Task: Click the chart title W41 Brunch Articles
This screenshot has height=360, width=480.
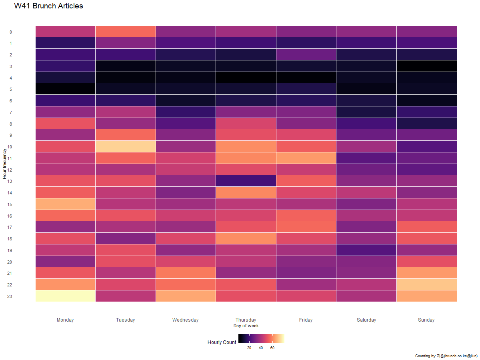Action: tap(48, 6)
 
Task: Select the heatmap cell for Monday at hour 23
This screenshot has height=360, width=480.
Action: tap(65, 296)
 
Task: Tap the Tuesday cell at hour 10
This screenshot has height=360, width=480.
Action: tap(126, 146)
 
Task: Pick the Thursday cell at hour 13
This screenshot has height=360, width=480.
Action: tap(246, 181)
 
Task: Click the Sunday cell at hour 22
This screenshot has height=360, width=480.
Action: tap(426, 284)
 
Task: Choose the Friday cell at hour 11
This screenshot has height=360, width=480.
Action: tap(306, 158)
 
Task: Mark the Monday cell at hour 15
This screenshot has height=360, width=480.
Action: tap(65, 204)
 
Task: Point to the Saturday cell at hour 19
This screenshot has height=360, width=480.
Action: tap(366, 250)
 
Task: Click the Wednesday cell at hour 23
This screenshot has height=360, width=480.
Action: tap(186, 296)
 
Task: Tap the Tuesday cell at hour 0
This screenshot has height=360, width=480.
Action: tap(126, 31)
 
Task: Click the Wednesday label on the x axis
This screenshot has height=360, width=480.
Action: tap(186, 320)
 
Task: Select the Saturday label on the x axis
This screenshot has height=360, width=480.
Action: tap(366, 320)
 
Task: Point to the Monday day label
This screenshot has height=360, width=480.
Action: tap(65, 320)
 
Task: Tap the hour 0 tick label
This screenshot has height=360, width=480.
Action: tap(11, 32)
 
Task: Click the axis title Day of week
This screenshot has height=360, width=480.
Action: tap(246, 326)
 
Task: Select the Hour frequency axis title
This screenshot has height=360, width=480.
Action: tap(5, 164)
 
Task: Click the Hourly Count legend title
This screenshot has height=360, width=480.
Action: tap(222, 342)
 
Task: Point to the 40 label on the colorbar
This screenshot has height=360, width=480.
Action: tap(261, 348)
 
